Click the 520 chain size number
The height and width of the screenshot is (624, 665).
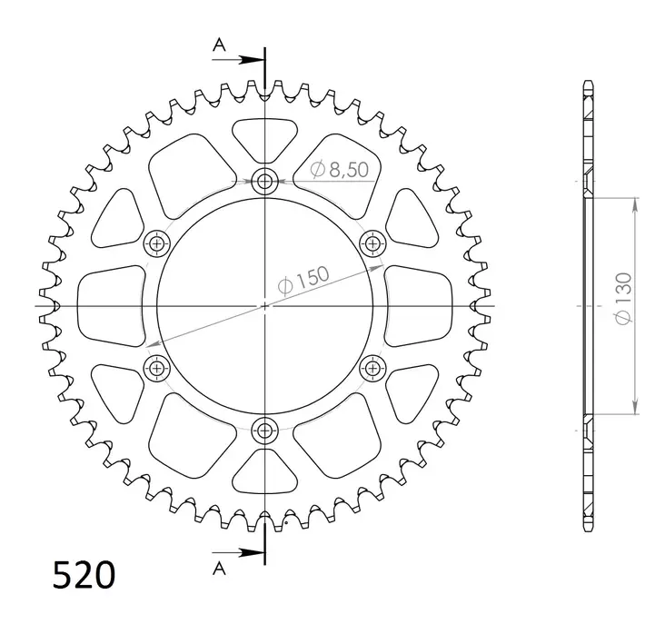coord(84,574)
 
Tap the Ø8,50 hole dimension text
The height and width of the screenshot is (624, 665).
coord(339,170)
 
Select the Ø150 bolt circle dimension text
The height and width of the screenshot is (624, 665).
coord(303,280)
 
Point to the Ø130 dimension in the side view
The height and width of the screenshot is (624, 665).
coord(623,299)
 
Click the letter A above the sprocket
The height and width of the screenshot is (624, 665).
coord(219,45)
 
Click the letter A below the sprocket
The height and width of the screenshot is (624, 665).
coord(219,568)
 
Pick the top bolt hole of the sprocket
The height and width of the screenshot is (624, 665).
coord(265,182)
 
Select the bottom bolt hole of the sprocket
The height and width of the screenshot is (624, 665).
coord(265,431)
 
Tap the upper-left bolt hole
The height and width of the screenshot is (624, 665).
coord(157,243)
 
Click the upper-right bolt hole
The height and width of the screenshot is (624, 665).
coord(372,243)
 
